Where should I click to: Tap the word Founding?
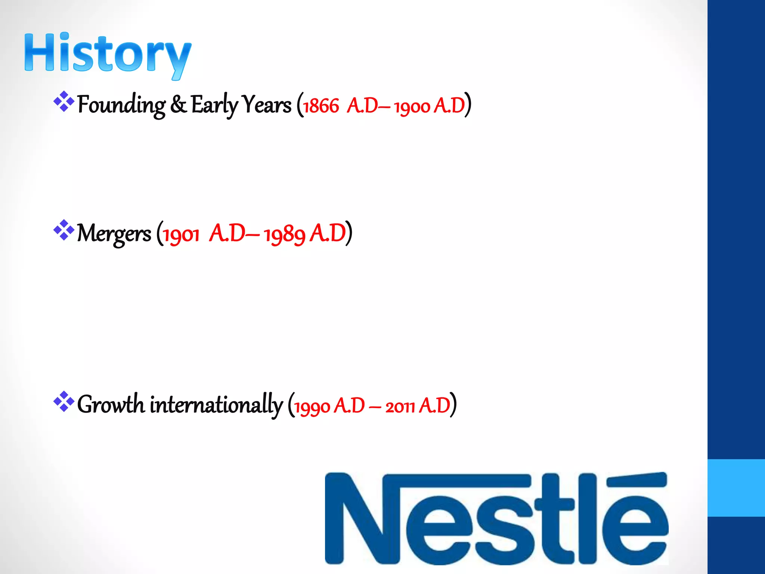point(121,105)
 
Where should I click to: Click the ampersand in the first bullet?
point(178,105)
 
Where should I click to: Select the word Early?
point(214,105)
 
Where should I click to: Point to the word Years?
point(266,105)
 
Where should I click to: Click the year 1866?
point(321,106)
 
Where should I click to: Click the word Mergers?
point(114,234)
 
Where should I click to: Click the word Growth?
point(111,405)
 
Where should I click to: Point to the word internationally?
point(216,405)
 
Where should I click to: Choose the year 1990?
point(312,407)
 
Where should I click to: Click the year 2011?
point(400,407)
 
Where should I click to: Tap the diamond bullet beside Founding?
point(64,101)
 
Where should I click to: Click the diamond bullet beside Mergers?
point(64,230)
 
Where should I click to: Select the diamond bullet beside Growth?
point(64,401)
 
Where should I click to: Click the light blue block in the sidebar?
point(736,488)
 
